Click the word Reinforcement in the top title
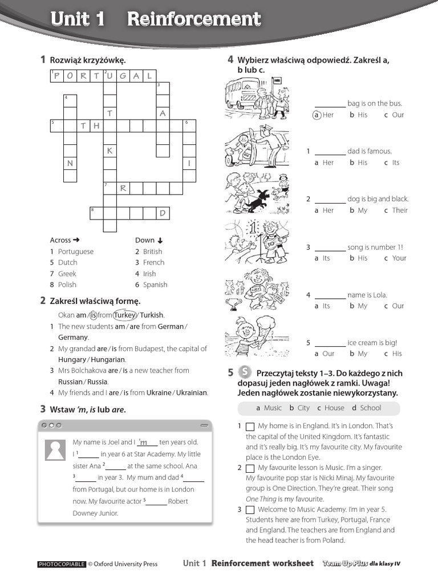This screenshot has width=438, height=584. pos(194,19)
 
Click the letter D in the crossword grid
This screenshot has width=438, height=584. pos(163,213)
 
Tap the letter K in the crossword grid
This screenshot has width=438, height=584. pos(109,151)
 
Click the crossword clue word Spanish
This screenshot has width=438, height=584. pos(155,285)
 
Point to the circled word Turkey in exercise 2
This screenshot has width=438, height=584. pos(125,315)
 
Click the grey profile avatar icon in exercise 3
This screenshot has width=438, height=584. pos(55,450)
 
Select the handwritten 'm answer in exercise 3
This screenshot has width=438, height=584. pos(148,442)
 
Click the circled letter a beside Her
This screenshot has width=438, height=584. pos(316,115)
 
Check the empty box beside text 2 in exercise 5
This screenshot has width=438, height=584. pos(250,468)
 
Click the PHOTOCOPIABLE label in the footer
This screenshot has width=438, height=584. pos(61,564)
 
